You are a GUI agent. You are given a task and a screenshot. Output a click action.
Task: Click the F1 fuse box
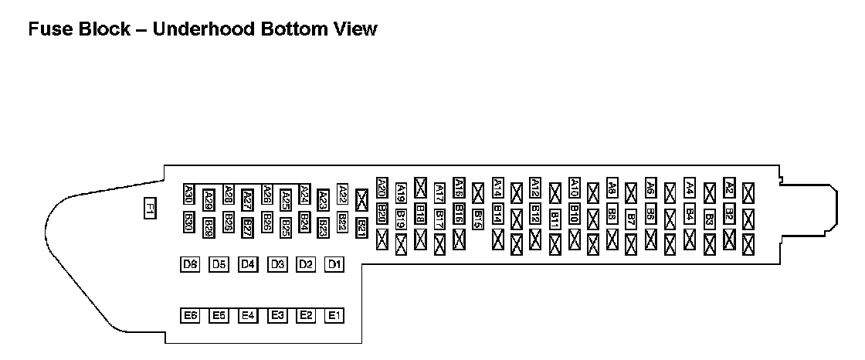pyautogui.click(x=151, y=209)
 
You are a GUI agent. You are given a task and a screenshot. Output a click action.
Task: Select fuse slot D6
pyautogui.click(x=190, y=265)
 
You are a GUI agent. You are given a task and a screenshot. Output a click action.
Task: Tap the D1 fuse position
pyautogui.click(x=334, y=265)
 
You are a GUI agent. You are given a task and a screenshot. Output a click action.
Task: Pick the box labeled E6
pyautogui.click(x=190, y=315)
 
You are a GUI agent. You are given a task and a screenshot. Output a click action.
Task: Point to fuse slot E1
pyautogui.click(x=334, y=315)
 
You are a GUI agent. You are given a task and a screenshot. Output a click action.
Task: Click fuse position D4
pyautogui.click(x=247, y=265)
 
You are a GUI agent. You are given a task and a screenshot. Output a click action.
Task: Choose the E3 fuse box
pyautogui.click(x=277, y=315)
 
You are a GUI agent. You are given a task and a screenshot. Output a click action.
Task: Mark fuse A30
pyautogui.click(x=189, y=194)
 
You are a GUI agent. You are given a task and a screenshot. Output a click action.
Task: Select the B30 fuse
pyautogui.click(x=189, y=222)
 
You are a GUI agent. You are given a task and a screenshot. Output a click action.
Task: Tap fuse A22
pyautogui.click(x=343, y=193)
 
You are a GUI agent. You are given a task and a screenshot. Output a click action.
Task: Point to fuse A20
pyautogui.click(x=382, y=187)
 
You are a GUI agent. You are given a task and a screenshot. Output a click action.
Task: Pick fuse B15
pyautogui.click(x=478, y=219)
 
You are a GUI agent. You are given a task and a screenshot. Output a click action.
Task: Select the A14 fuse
pyautogui.click(x=497, y=187)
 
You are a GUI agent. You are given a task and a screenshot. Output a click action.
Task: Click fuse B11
pyautogui.click(x=555, y=219)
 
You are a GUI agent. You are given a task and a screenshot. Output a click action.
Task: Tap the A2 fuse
pyautogui.click(x=729, y=187)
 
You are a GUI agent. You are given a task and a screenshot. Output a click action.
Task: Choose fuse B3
pyautogui.click(x=710, y=219)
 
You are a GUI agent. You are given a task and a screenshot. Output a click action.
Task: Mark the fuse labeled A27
pyautogui.click(x=247, y=200)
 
